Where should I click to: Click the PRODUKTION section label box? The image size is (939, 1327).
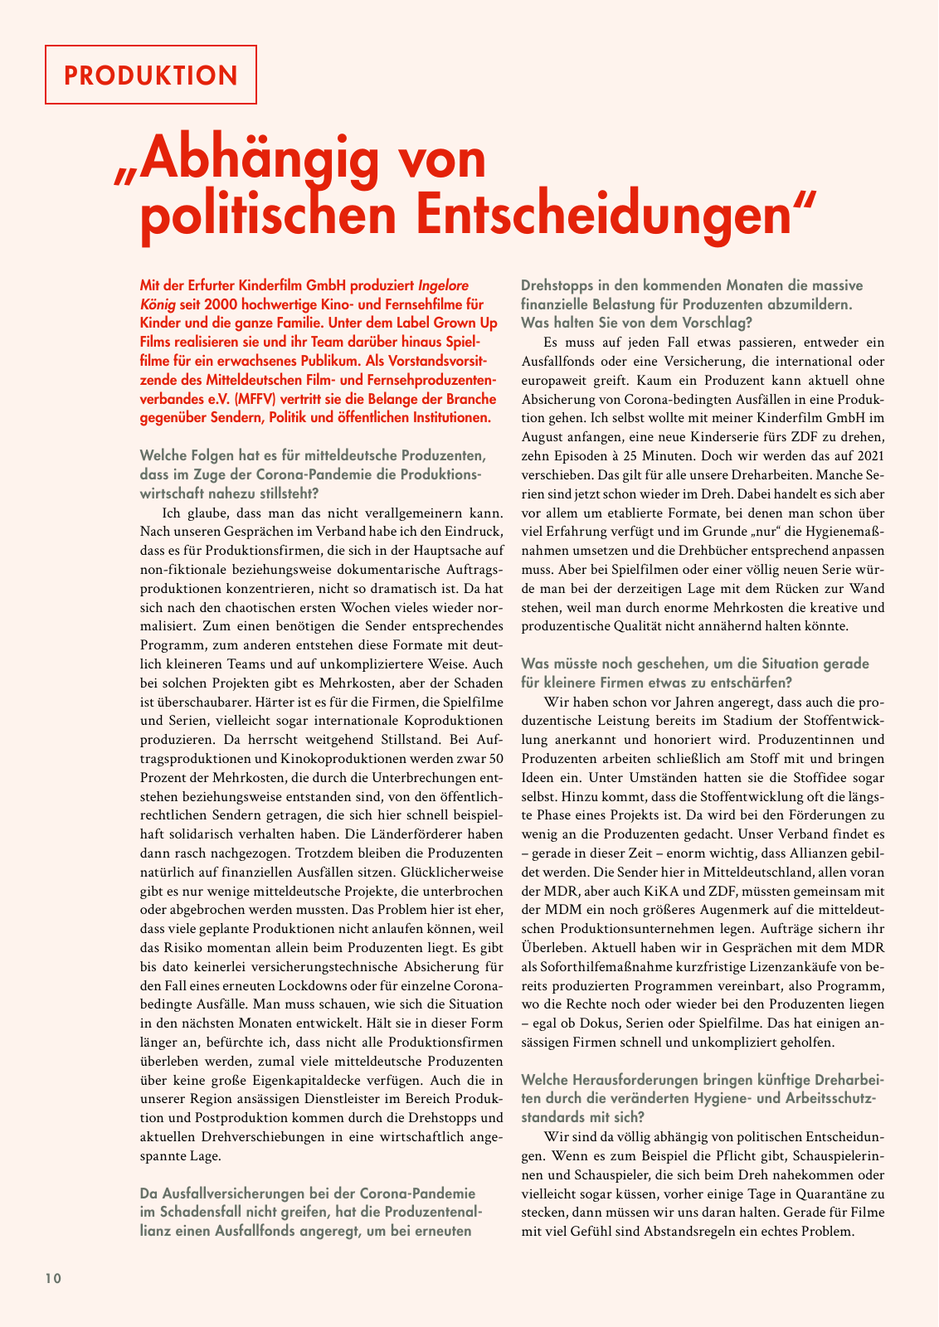[150, 75]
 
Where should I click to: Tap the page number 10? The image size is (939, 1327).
[53, 1278]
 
